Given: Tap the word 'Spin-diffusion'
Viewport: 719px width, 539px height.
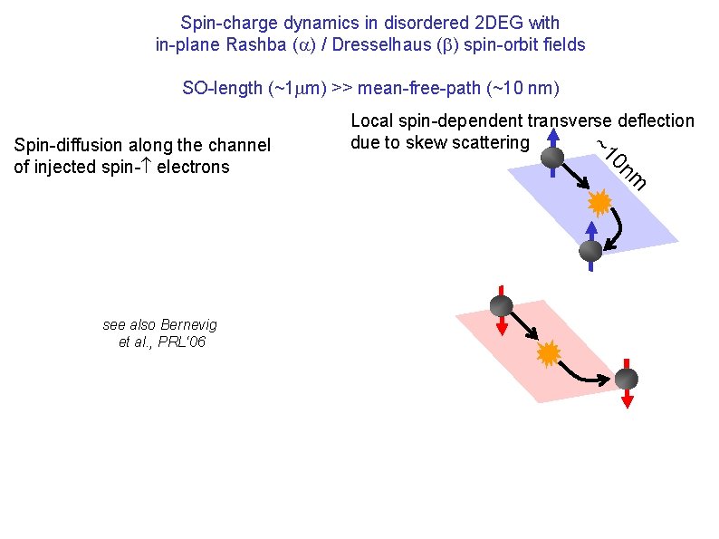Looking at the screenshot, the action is pyautogui.click(x=69, y=145).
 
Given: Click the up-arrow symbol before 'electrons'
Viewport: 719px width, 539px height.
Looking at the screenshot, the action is pyautogui.click(x=146, y=167).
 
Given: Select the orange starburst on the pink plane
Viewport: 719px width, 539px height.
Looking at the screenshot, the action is pyautogui.click(x=547, y=353).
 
